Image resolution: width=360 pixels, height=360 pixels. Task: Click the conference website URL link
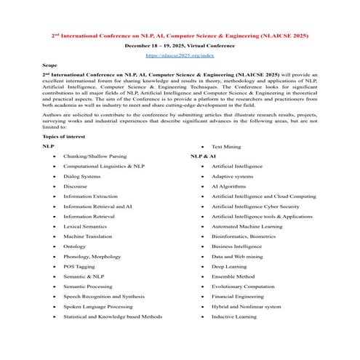coord(180,55)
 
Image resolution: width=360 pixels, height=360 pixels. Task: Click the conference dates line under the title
coord(180,45)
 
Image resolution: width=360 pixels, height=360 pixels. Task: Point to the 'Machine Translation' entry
coord(87,236)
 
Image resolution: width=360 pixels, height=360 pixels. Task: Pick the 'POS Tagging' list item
coord(79,266)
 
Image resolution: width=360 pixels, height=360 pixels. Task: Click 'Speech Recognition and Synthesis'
coord(103,297)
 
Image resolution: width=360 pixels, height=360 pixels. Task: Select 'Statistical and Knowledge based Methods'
coord(112,316)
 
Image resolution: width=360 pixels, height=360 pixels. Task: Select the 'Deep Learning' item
coord(229,266)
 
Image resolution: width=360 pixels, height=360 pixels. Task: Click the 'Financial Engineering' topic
coord(237,297)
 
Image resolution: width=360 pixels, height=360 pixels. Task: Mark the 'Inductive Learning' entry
coord(233,316)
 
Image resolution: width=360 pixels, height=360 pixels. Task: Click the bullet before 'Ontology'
coord(53,247)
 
